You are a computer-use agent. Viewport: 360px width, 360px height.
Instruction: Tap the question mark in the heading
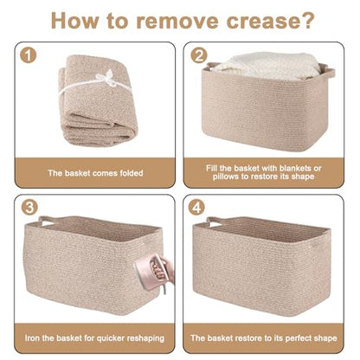[x=305, y=20]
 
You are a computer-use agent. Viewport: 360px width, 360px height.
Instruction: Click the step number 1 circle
[x=29, y=55]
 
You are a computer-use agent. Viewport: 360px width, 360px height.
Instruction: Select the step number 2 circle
[x=199, y=55]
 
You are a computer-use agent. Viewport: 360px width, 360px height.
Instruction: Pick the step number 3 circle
[x=29, y=207]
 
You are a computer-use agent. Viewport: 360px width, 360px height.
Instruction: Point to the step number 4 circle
[x=196, y=207]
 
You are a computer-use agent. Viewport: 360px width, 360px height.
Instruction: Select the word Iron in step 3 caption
[x=32, y=338]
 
